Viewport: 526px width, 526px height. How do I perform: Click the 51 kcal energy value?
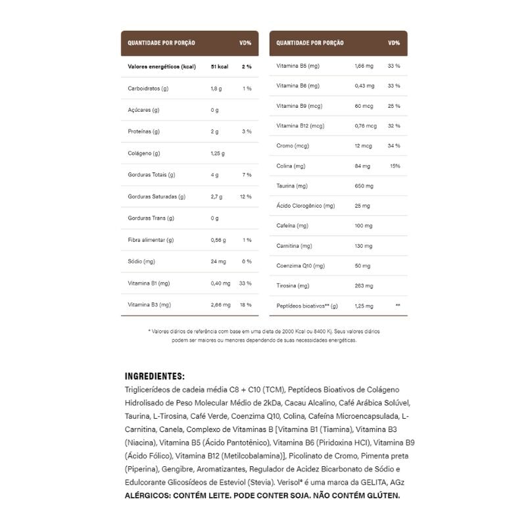point(219,66)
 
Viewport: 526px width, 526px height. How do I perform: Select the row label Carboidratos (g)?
point(148,88)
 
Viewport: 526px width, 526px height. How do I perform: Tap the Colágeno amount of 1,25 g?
point(218,153)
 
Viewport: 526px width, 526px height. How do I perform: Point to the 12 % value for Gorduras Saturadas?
point(246,197)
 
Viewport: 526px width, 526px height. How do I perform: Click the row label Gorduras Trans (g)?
point(151,218)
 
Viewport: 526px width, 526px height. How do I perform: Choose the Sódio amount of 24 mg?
point(218,262)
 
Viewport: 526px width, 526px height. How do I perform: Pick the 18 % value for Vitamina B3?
point(246,305)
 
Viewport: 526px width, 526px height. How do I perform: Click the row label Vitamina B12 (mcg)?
point(300,126)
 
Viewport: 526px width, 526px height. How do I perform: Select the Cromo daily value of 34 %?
point(394,145)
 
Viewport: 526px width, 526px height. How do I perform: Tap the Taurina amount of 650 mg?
point(364,186)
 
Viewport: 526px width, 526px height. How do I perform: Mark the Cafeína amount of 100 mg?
point(364,226)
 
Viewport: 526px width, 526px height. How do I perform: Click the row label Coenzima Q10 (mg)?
point(300,266)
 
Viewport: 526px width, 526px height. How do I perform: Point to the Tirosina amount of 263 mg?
point(364,286)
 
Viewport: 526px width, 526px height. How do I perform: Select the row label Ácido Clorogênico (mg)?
point(306,206)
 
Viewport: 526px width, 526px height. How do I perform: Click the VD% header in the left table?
point(245,43)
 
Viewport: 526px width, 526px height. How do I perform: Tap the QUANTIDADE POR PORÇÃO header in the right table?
point(310,43)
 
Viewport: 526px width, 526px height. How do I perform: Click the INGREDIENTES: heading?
point(155,376)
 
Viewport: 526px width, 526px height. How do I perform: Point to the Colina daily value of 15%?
point(394,166)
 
